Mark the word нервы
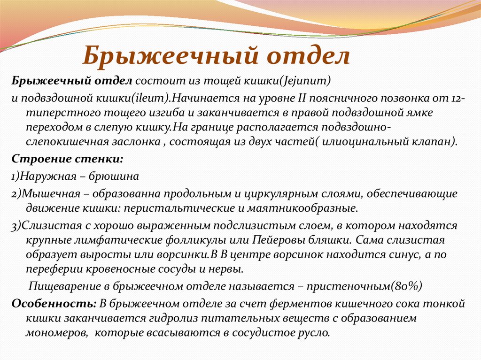coord(226,269)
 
